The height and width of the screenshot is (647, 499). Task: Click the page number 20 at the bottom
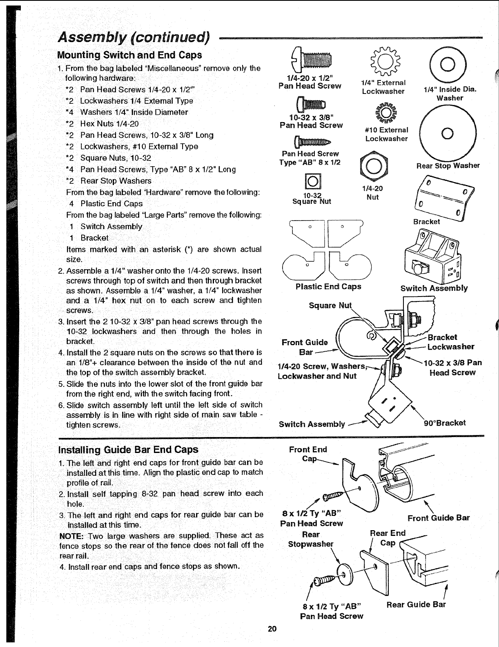[x=272, y=629]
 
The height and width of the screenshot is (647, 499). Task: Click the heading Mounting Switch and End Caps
[x=129, y=55]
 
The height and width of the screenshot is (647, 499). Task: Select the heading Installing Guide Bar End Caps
[x=129, y=450]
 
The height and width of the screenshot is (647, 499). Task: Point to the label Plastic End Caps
[x=328, y=286]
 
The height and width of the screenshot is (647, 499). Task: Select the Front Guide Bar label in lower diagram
[x=439, y=518]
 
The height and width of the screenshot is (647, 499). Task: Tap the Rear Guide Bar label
[x=416, y=605]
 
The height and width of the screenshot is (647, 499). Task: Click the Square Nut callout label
[x=330, y=306]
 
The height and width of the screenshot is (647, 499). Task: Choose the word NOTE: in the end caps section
[x=72, y=535]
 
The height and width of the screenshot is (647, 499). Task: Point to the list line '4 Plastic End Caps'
[x=106, y=203]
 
